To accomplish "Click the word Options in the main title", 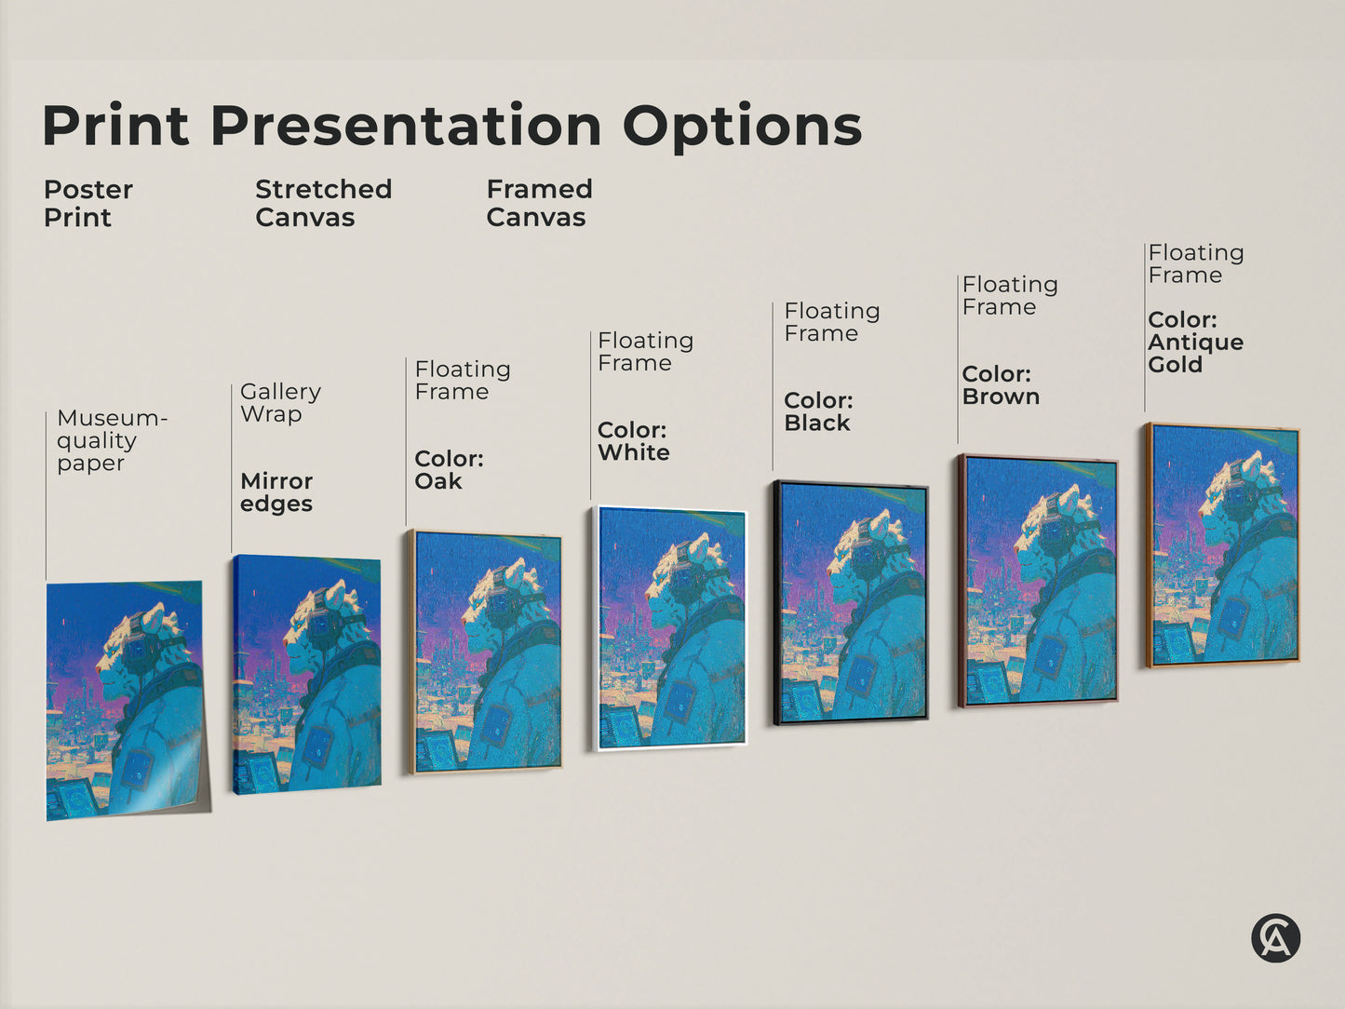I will point(742,127).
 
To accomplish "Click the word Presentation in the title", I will point(406,127).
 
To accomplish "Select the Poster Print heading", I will point(87,203).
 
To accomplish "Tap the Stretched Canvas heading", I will point(323,203).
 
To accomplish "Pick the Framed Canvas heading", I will point(539,203).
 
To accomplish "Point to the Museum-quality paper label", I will point(111,440).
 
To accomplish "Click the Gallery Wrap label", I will point(280,403).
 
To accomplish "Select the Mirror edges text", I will point(276,492).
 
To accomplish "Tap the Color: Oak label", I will point(449,470).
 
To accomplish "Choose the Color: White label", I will point(633,441).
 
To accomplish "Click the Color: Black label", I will point(818,411).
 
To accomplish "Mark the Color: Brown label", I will point(1001,385).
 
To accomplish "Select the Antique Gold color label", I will point(1195,343).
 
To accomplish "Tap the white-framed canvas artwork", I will point(671,628).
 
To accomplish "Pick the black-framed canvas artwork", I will point(851,602).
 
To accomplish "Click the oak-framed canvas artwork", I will point(485,652).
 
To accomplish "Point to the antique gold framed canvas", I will point(1223,545).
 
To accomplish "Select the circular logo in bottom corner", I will point(1275,937).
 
